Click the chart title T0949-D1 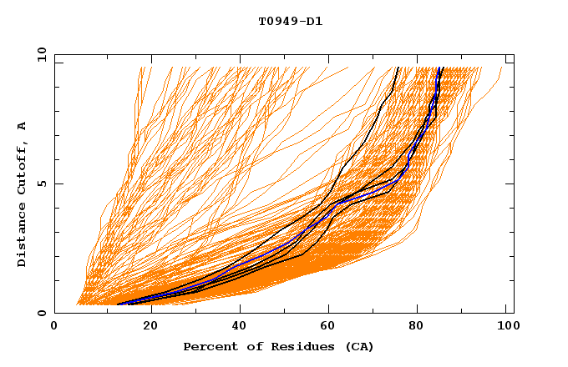(290, 21)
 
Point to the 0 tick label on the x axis (54, 327)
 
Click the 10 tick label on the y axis (41, 54)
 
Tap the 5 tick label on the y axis (44, 183)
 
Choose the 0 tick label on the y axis (44, 313)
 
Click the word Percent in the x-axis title (208, 347)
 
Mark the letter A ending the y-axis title (23, 125)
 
